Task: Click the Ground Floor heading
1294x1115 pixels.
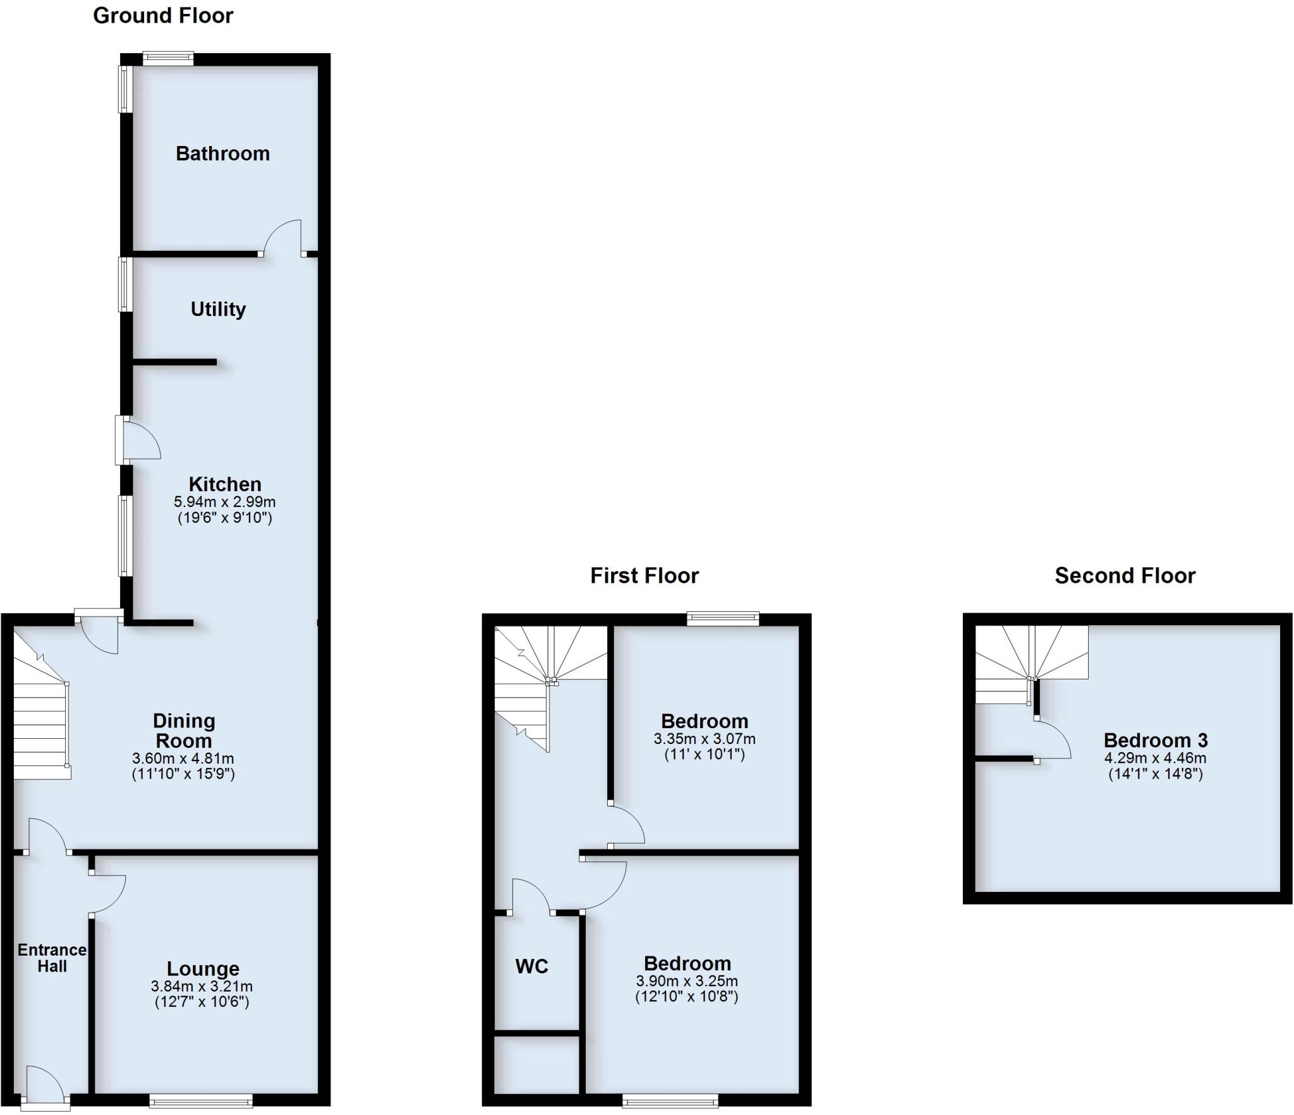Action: click(x=163, y=16)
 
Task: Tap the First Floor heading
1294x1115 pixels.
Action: click(x=644, y=576)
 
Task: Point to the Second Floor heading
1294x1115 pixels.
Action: click(x=1125, y=576)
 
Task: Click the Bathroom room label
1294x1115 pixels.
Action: click(x=222, y=154)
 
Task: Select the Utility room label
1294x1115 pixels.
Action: click(x=218, y=309)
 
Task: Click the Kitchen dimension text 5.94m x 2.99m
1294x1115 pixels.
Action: click(x=224, y=503)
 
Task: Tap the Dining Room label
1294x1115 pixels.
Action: click(x=183, y=731)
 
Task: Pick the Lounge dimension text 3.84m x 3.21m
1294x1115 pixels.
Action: click(x=202, y=987)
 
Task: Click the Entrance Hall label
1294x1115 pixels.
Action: click(x=52, y=958)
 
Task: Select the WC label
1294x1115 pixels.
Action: click(x=531, y=966)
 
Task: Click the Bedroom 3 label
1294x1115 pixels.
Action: click(x=1155, y=740)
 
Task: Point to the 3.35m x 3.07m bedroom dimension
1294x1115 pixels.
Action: click(x=704, y=739)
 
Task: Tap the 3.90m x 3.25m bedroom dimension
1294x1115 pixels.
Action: click(x=686, y=982)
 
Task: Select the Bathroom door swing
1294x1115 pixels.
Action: click(x=282, y=237)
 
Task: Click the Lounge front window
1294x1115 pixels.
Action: click(x=201, y=1102)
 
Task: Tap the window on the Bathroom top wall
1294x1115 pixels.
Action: click(x=168, y=59)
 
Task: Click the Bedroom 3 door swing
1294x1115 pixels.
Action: click(x=1052, y=740)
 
